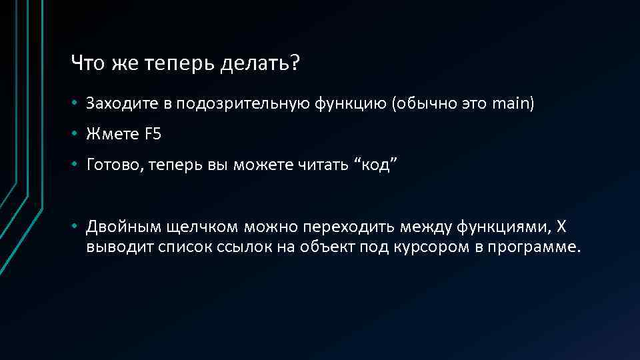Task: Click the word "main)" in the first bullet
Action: (513, 104)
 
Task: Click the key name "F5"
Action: (152, 134)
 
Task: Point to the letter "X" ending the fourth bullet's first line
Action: (561, 227)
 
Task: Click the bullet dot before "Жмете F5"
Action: (77, 134)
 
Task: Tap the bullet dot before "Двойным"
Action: (77, 227)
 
